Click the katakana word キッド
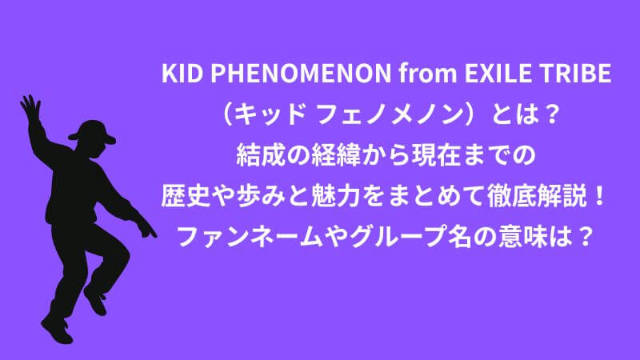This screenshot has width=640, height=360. click(x=270, y=114)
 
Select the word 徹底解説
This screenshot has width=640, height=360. click(x=537, y=196)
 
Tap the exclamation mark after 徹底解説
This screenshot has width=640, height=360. click(x=598, y=196)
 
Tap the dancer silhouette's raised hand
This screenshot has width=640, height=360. click(x=30, y=107)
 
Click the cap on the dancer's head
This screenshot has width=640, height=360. click(x=93, y=131)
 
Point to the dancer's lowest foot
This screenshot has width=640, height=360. click(x=57, y=330)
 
